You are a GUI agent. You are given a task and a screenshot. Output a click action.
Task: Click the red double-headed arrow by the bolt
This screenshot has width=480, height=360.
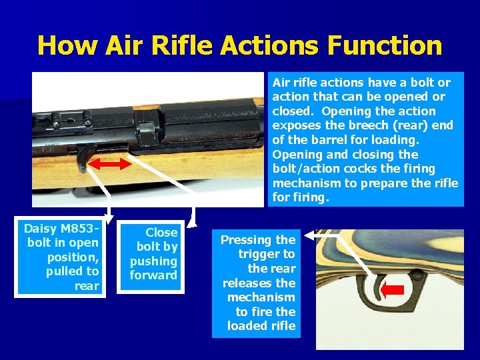coord(110,164)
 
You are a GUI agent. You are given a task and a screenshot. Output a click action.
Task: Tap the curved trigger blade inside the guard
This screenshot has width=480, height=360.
coord(376,289)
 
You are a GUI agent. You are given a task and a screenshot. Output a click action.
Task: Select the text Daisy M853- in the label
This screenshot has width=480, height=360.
coord(61,229)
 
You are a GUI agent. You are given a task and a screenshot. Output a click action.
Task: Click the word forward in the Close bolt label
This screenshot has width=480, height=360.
coord(154,275)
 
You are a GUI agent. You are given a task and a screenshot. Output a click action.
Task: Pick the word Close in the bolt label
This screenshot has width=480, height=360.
coord(161,232)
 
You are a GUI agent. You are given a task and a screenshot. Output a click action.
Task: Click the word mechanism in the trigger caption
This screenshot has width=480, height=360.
coord(261,297)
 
